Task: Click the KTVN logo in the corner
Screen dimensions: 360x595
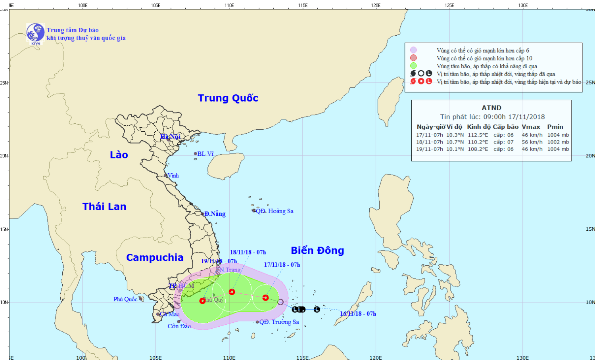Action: [x=35, y=33]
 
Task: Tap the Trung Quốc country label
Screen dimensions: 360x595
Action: [x=228, y=98]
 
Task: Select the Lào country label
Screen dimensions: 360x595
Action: [x=119, y=155]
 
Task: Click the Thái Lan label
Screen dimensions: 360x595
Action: [x=104, y=207]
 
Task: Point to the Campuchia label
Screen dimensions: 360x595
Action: [x=155, y=258]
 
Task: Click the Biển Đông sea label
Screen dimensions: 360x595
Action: [x=317, y=251]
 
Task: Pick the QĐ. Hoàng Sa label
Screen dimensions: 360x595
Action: [x=275, y=211]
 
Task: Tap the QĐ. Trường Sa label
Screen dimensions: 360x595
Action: [x=279, y=322]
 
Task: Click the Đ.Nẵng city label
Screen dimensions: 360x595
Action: [x=215, y=214]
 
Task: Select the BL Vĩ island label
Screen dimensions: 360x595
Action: [x=205, y=154]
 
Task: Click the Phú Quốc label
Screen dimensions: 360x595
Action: [x=125, y=299]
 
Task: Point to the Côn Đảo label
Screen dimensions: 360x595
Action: [x=179, y=326]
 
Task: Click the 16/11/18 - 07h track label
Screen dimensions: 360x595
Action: [x=358, y=314]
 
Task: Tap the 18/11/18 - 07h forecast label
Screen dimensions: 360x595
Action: [x=248, y=252]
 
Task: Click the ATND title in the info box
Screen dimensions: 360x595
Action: [x=491, y=108]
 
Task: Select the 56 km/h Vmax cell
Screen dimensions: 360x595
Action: [x=532, y=142]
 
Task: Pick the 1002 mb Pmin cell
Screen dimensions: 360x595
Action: [x=558, y=142]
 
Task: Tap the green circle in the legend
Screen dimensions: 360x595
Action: [x=414, y=66]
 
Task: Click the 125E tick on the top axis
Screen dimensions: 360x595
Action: [x=449, y=6]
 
